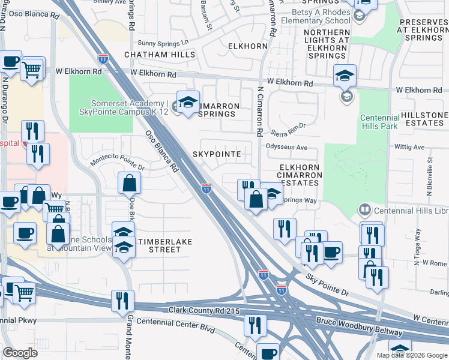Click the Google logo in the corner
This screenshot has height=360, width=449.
click(20, 353)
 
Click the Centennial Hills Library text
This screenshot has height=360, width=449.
click(411, 211)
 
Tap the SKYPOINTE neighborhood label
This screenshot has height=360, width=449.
click(217, 154)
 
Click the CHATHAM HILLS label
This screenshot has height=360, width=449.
click(160, 55)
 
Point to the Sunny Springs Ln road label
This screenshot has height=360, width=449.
click(163, 43)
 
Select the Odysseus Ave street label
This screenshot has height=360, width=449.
click(286, 147)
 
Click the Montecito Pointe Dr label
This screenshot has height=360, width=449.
click(118, 162)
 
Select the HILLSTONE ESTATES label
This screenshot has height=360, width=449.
click(423, 119)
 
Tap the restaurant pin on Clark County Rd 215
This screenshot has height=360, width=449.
click(123, 302)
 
